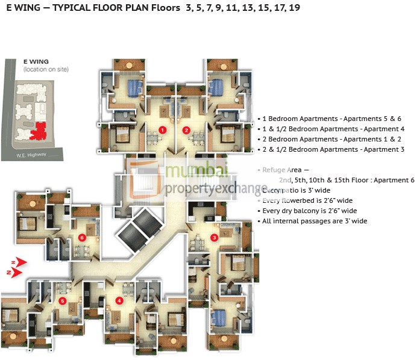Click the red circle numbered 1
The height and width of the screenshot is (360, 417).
(x=162, y=129)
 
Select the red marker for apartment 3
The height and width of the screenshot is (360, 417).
(x=214, y=237)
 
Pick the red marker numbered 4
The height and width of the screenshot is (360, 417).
(x=119, y=300)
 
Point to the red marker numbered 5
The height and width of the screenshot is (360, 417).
(x=62, y=300)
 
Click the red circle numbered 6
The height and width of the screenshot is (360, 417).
(x=83, y=237)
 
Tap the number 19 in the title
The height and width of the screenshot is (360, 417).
(x=294, y=8)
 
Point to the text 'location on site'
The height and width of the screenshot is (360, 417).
(x=46, y=70)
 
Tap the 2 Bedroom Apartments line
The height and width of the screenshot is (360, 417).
(x=330, y=140)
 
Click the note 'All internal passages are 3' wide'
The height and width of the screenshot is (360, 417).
(x=314, y=222)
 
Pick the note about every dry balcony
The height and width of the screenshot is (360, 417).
(x=309, y=211)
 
